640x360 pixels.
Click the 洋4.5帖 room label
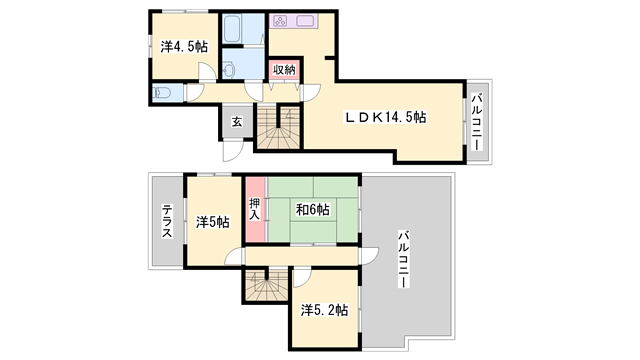coord(184,46)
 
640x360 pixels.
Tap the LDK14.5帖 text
coord(386,117)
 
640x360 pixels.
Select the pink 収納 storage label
coord(284,70)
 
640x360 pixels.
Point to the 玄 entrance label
coord(237,121)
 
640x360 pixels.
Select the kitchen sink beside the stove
coord(304,21)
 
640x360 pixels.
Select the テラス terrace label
coord(167,220)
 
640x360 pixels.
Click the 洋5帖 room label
coord(212,222)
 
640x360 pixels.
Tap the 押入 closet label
coord(254,209)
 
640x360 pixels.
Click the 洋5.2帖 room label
coord(324,310)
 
